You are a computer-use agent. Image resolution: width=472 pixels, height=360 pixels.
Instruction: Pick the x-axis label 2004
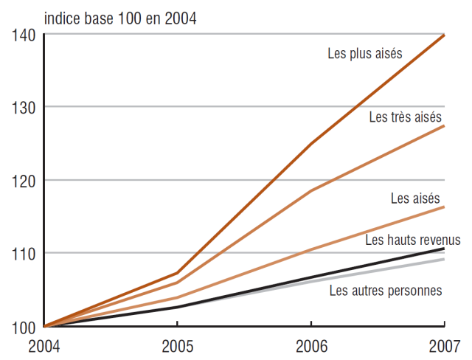(x=44, y=345)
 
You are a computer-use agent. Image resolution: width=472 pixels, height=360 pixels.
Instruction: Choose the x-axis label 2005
(x=177, y=345)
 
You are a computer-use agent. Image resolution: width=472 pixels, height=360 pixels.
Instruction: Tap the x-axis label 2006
(x=310, y=345)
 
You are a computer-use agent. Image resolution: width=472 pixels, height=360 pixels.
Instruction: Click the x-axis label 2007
(x=444, y=345)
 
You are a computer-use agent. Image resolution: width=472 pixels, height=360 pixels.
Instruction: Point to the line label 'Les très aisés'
(x=405, y=117)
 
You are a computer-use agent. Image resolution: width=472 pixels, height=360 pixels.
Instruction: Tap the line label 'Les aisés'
(x=415, y=198)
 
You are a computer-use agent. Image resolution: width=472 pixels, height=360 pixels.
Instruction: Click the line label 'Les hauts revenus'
(x=412, y=240)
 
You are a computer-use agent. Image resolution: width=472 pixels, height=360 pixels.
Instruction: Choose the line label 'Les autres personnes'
(x=386, y=290)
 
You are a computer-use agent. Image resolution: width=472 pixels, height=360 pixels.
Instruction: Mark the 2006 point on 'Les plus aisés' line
(x=310, y=143)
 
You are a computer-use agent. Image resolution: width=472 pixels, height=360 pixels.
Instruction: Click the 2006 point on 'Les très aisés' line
(x=310, y=191)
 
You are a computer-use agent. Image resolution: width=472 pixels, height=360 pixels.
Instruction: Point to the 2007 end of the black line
(x=444, y=249)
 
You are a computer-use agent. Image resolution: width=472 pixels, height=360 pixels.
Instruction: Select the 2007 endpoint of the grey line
(x=444, y=259)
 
